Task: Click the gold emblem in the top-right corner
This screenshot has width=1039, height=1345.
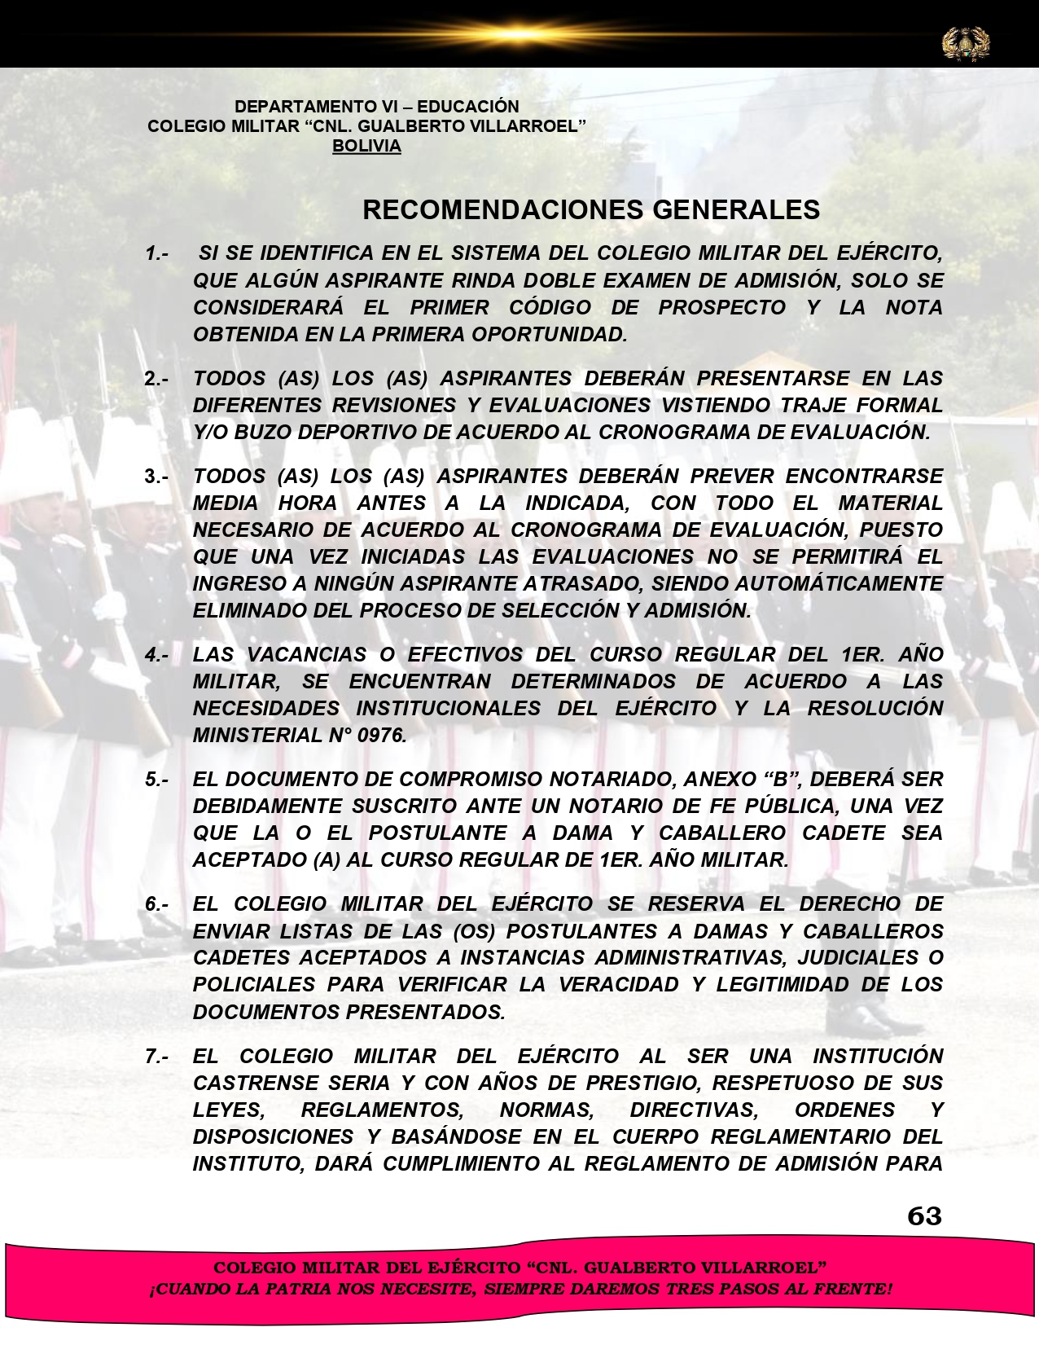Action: click(966, 42)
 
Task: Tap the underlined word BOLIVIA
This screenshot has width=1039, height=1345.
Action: click(366, 147)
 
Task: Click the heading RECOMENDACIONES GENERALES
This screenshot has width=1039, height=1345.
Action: click(590, 210)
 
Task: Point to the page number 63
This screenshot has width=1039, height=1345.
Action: click(924, 1216)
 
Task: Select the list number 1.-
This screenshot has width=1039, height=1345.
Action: click(157, 253)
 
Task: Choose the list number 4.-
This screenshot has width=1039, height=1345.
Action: click(157, 655)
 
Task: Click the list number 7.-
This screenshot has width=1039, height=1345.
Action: click(157, 1057)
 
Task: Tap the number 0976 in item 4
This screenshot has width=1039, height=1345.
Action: click(381, 736)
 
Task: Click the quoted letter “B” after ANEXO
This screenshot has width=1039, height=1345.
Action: click(782, 780)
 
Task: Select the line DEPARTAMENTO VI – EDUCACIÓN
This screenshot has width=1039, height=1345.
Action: click(376, 107)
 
